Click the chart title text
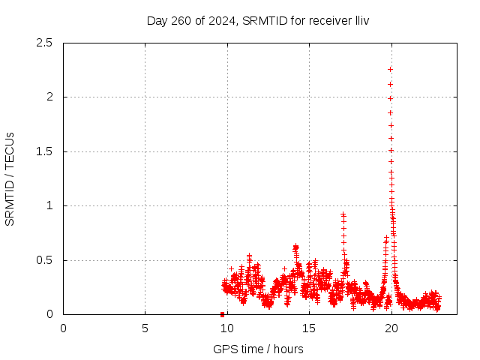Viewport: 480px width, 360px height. pos(258,20)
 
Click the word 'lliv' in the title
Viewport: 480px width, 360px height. pos(361,20)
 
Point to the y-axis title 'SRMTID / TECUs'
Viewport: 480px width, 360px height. pos(10,178)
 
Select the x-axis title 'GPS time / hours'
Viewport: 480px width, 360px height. pos(258,349)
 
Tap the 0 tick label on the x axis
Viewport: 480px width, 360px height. pos(63,328)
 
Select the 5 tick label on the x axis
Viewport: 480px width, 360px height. pos(145,328)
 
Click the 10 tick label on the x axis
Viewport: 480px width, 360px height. pos(226,328)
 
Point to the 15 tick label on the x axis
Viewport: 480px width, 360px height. pos(308,328)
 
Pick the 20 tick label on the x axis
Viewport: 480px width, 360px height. pos(390,328)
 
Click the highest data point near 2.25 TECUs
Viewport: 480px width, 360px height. pos(390,69)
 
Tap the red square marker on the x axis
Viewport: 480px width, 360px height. pos(222,314)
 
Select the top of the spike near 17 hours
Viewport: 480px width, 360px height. pos(343,214)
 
